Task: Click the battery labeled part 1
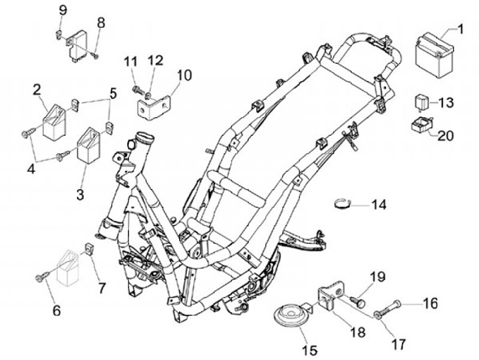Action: point(434,57)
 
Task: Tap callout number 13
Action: point(446,102)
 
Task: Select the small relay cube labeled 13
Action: point(421,102)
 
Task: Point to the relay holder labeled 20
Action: point(423,125)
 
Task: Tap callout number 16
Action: point(430,303)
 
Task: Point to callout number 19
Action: point(378,277)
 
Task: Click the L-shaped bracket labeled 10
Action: point(154,107)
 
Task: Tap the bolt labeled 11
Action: point(138,90)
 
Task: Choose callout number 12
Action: point(156,61)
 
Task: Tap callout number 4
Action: point(31,169)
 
